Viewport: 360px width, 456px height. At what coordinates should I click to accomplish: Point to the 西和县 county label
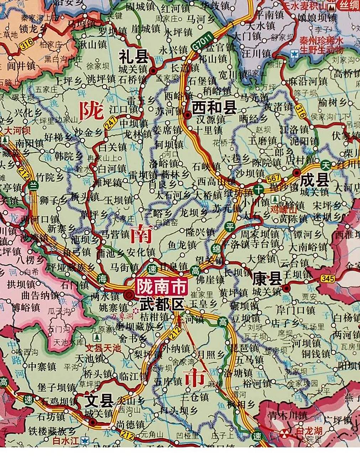click(214, 108)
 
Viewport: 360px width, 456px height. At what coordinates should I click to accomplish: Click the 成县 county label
click(314, 180)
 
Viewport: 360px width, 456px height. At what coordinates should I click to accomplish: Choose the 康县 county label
click(267, 279)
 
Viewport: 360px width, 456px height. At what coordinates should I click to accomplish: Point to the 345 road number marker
click(327, 279)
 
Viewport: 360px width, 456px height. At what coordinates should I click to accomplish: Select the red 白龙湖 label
click(309, 431)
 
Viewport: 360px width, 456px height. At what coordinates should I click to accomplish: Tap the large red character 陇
click(92, 111)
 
